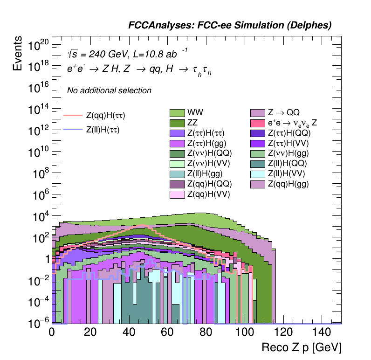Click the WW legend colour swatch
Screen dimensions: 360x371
point(177,113)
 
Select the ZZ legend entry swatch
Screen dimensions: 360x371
point(177,123)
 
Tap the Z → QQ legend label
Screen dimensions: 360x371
point(283,113)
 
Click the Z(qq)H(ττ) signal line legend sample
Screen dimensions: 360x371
point(73,115)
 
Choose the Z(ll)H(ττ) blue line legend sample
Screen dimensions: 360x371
point(73,130)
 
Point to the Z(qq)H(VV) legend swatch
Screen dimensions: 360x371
point(177,194)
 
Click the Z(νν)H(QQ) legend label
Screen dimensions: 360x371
point(209,153)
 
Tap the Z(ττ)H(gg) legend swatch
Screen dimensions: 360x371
point(177,144)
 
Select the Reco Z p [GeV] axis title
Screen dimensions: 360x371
point(302,348)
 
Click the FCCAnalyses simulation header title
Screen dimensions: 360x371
point(230,26)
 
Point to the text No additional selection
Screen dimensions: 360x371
point(109,91)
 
